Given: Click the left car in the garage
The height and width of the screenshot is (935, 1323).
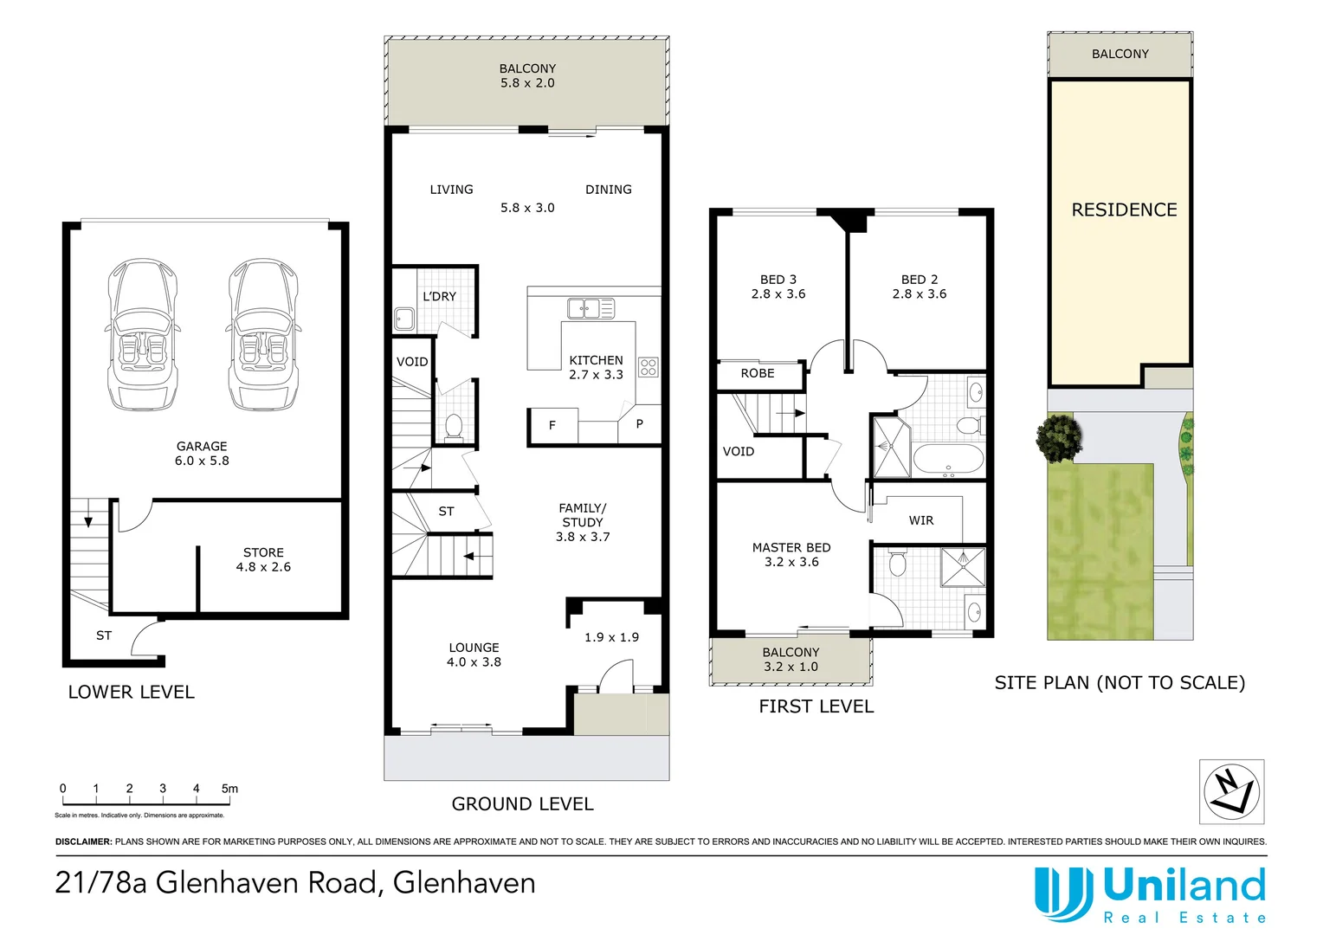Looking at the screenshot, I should point(142,336).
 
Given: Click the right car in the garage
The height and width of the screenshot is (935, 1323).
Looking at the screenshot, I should point(263,336).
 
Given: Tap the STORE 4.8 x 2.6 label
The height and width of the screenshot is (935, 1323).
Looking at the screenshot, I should point(263,559).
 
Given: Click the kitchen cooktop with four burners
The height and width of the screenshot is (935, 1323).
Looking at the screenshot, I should point(649,366).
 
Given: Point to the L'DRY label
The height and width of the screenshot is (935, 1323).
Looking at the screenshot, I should point(439,296).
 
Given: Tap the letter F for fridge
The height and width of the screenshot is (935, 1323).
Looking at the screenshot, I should point(552,425).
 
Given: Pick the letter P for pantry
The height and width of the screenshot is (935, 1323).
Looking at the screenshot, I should point(639,424).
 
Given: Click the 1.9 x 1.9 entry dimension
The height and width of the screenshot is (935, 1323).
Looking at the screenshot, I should point(611,637).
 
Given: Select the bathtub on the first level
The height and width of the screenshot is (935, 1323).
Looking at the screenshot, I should point(948,458).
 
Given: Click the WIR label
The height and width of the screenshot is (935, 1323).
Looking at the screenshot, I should point(921,520).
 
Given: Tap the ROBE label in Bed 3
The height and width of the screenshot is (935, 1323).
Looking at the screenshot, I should point(758,373).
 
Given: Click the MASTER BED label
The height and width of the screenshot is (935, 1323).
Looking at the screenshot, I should point(791,547).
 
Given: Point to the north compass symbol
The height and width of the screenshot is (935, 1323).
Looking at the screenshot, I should point(1231,791).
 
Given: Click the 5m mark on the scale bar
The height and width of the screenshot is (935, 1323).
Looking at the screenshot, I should point(229,789).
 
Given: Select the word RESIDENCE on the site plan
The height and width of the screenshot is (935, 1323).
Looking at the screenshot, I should point(1124,210).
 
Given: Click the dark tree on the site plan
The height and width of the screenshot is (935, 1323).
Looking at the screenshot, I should point(1059,436).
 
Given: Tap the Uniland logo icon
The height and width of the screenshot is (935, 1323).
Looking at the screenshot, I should point(1063,893).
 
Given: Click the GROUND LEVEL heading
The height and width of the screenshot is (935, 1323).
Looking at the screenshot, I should point(522,803).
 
